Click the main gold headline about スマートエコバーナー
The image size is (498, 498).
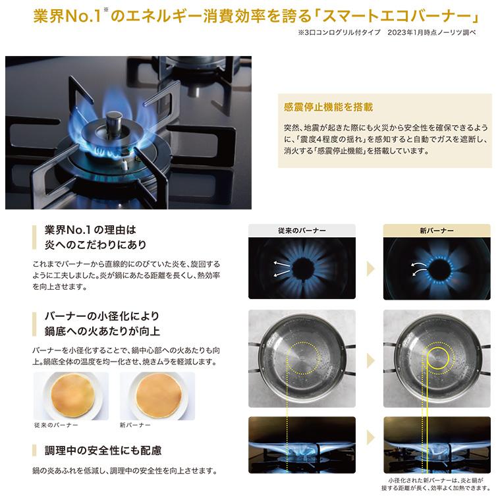pyautogui.click(x=256, y=16)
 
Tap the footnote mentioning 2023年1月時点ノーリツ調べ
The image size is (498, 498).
pyautogui.click(x=387, y=32)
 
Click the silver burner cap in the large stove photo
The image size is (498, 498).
pyautogui.click(x=114, y=123)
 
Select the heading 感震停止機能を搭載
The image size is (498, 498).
pyautogui.click(x=329, y=107)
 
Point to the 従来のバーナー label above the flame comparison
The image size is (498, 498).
pyautogui.click(x=302, y=231)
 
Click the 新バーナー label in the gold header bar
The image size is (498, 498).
pyautogui.click(x=437, y=231)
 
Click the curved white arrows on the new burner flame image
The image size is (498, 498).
pyautogui.click(x=418, y=269)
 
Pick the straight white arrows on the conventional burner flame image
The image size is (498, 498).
pyautogui.click(x=282, y=269)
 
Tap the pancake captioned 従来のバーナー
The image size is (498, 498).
pyautogui.click(x=72, y=395)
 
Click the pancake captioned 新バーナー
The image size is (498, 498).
pyautogui.click(x=159, y=395)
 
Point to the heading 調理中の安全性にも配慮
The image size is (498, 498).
pyautogui.click(x=103, y=451)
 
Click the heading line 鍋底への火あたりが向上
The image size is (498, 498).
pyautogui.click(x=102, y=331)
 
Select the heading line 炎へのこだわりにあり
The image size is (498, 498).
pyautogui.click(x=96, y=244)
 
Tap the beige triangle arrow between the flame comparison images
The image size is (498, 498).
pyautogui.click(x=370, y=269)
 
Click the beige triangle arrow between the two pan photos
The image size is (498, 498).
pyautogui.click(x=370, y=360)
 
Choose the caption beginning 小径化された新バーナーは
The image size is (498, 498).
pyautogui.click(x=436, y=484)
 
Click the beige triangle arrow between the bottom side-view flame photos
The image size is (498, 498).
pyautogui.click(x=370, y=437)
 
